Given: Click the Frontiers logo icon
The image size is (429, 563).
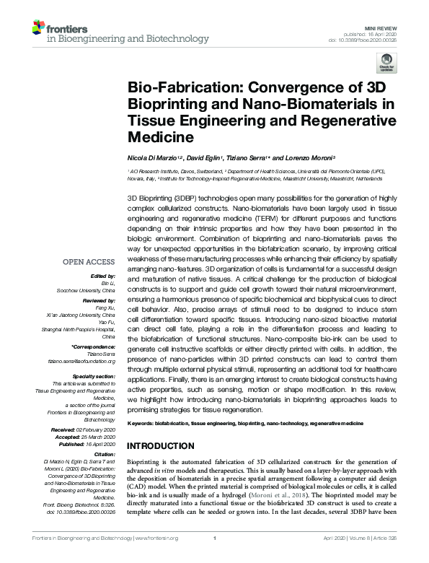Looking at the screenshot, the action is pos(39,28).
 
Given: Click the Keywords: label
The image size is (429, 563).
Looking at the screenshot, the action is pos(143,422).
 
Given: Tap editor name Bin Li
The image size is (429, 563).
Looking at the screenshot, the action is pos(109,284).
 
